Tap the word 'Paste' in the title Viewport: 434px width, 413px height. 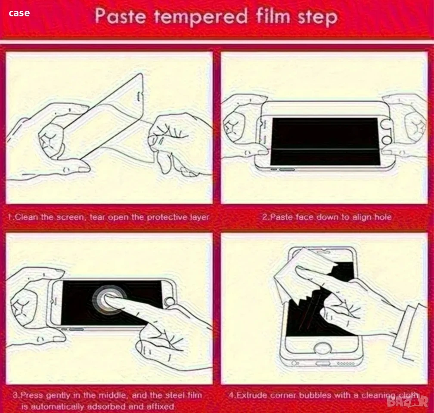tap(120, 15)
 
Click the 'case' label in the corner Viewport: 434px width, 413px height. tap(19, 13)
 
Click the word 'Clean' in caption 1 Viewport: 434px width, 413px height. tap(26, 217)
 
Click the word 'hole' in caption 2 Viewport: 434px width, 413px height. tap(382, 217)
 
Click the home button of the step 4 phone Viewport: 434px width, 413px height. tap(322, 348)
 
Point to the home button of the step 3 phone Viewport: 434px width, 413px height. tap(169, 302)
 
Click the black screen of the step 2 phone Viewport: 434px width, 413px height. tap(325, 142)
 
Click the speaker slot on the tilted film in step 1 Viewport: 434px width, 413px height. tap(138, 97)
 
